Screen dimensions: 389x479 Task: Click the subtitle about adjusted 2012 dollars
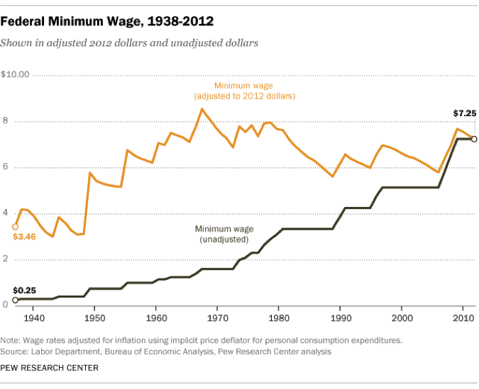tap(129, 43)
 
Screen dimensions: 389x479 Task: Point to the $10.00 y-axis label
tap(15, 74)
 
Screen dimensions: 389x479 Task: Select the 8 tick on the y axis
tap(5, 120)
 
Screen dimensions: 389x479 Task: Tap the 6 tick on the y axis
tap(5, 167)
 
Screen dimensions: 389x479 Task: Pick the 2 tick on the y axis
tap(5, 259)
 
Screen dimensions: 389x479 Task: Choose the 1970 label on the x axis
tap(218, 318)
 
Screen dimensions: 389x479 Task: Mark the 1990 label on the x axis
tap(341, 318)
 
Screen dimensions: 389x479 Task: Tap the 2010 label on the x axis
tap(463, 318)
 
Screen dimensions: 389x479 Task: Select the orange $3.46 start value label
tap(24, 236)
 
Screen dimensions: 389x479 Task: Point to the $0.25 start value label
tap(24, 291)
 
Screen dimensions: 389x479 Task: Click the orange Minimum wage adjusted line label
tap(244, 91)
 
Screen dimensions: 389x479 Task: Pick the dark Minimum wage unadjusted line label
tap(224, 235)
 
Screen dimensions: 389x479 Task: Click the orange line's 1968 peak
tap(202, 109)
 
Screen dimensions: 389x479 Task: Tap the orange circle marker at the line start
tap(16, 227)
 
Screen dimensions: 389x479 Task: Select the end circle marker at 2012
tap(474, 139)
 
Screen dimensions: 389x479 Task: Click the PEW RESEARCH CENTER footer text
tap(49, 368)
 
